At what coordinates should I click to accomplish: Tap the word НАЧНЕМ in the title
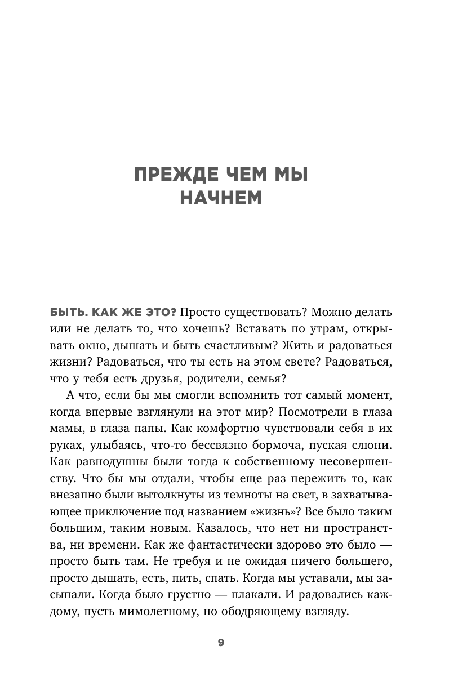coord(221,198)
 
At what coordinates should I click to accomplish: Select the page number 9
coord(221,643)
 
